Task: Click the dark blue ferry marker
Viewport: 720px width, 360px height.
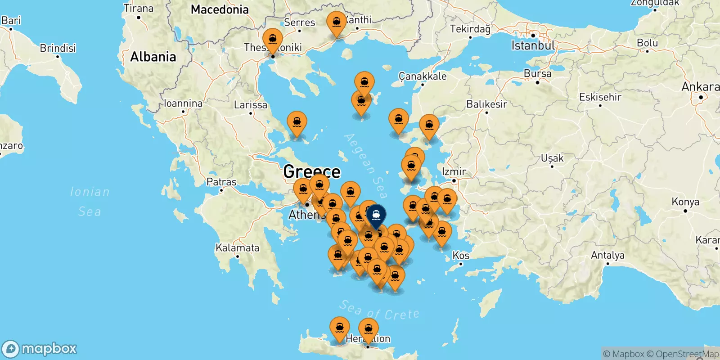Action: click(376, 216)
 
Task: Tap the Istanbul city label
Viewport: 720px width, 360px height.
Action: click(533, 45)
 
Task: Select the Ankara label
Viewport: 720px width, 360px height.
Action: click(700, 86)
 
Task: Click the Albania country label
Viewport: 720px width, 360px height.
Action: click(153, 57)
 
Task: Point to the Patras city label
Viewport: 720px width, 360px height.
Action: click(221, 182)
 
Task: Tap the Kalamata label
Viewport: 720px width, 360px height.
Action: click(237, 247)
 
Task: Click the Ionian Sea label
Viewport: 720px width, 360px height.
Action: click(90, 201)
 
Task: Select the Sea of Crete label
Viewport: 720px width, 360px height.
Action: click(379, 310)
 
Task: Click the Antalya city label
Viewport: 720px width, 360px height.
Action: click(607, 255)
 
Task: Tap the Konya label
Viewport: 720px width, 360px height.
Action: click(685, 202)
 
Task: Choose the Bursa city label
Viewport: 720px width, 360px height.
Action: click(537, 73)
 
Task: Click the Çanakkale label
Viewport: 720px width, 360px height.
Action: click(423, 76)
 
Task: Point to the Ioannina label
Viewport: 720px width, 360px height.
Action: click(183, 103)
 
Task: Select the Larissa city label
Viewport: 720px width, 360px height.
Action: click(250, 105)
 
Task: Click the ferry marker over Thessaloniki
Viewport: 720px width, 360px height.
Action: click(273, 40)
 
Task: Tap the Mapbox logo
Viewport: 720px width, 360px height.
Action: click(40, 349)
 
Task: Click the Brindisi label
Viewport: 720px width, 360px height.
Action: click(58, 48)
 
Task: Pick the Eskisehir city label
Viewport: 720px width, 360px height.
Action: click(600, 97)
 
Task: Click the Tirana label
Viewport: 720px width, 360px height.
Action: click(139, 8)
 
